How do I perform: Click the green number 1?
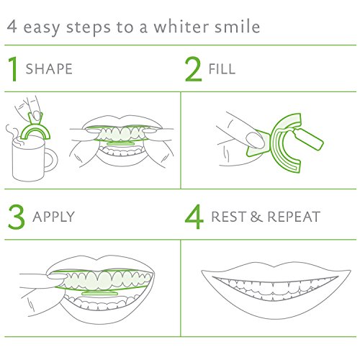(13, 69)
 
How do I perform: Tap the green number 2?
(193, 69)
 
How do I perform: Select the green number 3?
(17, 217)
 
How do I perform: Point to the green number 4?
(194, 217)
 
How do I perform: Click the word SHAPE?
(49, 69)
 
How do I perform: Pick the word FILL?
(222, 69)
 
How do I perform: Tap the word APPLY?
(54, 217)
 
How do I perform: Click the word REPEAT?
(294, 217)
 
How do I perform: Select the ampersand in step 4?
(256, 217)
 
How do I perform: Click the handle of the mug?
(52, 160)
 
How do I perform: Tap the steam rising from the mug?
(13, 135)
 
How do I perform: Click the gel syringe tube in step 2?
(308, 139)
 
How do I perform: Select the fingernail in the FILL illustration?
(255, 140)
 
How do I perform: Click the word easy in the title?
(42, 28)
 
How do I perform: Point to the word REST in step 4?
(229, 217)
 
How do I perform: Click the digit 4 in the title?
(12, 27)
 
